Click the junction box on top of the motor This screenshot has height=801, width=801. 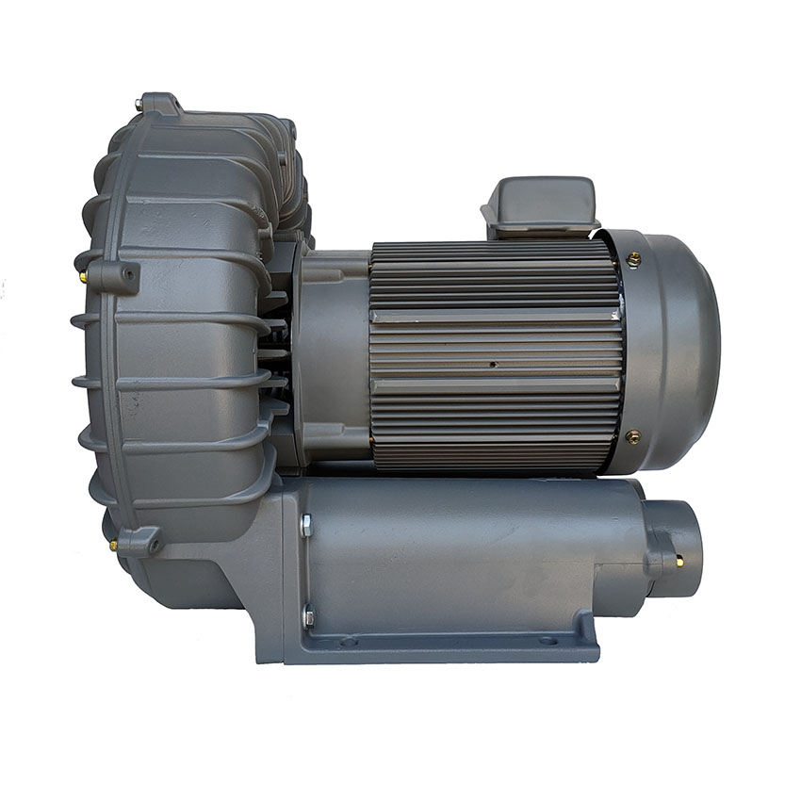[540, 204]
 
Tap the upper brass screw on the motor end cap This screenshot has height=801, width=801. [634, 258]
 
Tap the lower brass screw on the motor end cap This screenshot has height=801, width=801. [633, 436]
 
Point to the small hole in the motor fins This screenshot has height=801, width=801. [493, 362]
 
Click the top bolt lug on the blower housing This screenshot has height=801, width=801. [160, 103]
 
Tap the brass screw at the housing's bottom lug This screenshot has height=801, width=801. [114, 545]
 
